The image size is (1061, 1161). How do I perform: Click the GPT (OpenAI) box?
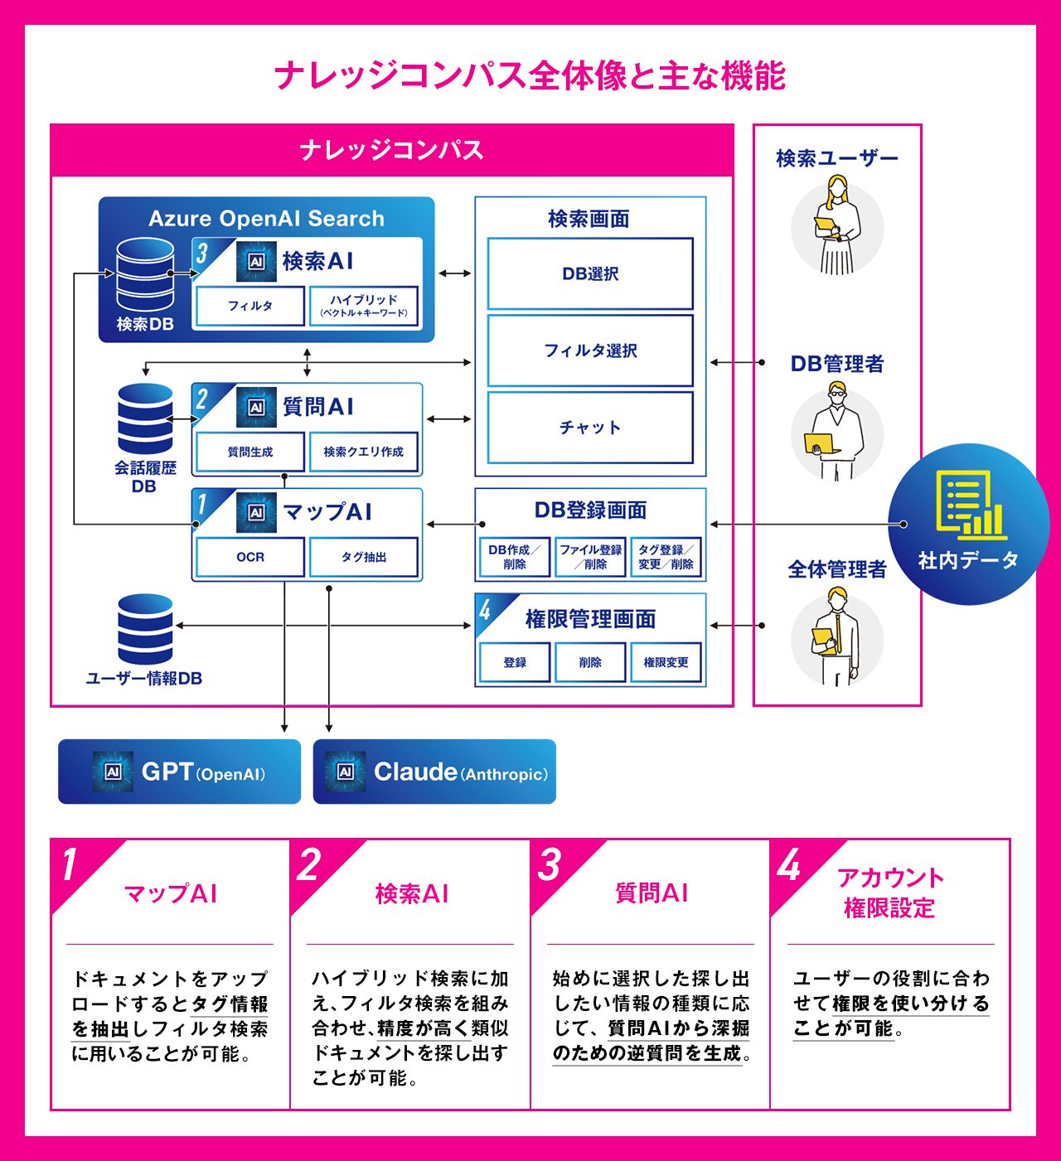[x=179, y=772]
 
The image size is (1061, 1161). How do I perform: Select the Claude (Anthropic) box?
[x=434, y=772]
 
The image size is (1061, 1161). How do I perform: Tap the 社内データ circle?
[x=968, y=524]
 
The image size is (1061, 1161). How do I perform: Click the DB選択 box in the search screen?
[x=590, y=273]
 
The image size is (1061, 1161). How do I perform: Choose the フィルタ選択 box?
[x=590, y=351]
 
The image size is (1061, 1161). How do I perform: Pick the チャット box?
[x=590, y=428]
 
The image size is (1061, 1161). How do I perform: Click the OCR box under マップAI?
[x=250, y=557]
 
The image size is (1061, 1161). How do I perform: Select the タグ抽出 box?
[x=364, y=557]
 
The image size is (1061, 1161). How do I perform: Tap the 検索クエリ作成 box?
[x=364, y=452]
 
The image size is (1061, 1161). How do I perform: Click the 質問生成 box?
[x=250, y=452]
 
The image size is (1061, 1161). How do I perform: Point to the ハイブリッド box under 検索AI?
[x=364, y=306]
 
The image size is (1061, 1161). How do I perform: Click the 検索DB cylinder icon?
[x=145, y=275]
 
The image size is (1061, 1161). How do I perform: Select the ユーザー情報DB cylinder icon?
[x=145, y=629]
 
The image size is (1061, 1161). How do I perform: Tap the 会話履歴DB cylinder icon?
[x=145, y=418]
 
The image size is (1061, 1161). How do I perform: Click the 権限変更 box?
[x=666, y=662]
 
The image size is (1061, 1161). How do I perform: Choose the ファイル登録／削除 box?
[x=590, y=557]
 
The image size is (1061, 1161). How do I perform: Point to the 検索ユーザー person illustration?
[x=837, y=225]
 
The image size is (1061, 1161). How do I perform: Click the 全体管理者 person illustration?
[x=837, y=636]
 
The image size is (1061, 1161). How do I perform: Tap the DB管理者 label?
[x=837, y=364]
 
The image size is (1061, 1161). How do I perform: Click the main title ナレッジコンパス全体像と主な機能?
[x=530, y=75]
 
